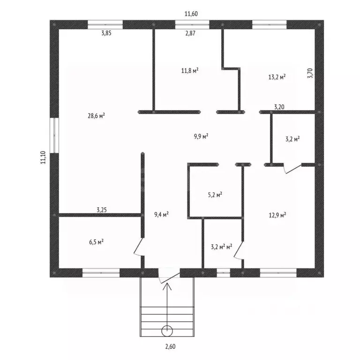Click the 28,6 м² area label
[x=96, y=115]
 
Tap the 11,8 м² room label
[x=190, y=70]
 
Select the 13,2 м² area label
[x=277, y=77]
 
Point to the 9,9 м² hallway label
[x=201, y=136]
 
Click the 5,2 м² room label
[x=215, y=195]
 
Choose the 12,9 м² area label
[x=277, y=215]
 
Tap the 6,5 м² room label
[x=96, y=242]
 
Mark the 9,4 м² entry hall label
[x=161, y=215]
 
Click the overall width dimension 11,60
[x=191, y=14]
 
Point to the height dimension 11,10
[x=44, y=157]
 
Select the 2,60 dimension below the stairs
[x=170, y=346]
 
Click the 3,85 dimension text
[x=106, y=33]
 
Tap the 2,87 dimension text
[x=190, y=33]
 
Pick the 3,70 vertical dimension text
[x=310, y=73]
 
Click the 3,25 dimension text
[x=102, y=210]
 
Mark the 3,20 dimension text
[x=279, y=107]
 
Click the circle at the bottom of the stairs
[x=167, y=331]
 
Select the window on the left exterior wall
[x=54, y=135]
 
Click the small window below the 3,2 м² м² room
[x=224, y=273]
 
